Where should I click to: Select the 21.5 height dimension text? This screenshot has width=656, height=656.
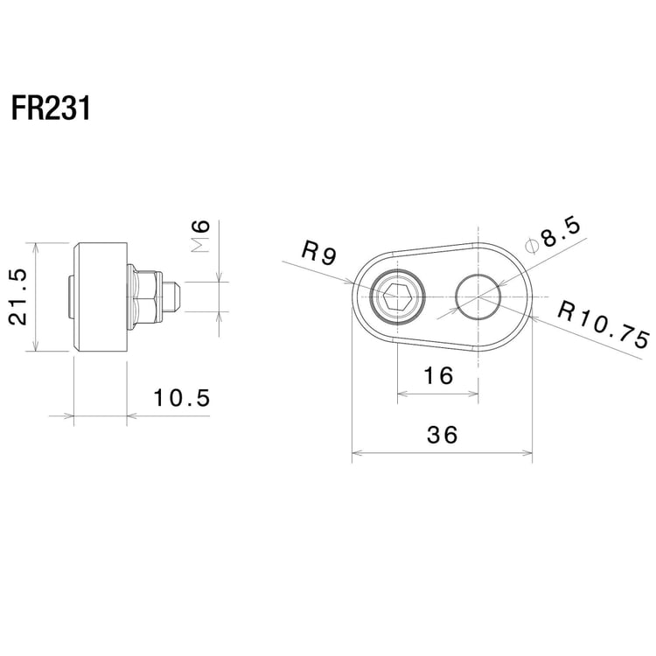pos(19,297)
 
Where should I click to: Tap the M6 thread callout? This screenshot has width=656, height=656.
pos(200,236)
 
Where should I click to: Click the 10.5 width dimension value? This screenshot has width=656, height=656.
pos(182,399)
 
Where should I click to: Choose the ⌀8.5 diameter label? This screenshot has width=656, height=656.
pos(554,234)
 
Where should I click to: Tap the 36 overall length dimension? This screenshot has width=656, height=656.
pos(443,435)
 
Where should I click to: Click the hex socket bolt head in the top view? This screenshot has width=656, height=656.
pos(399,298)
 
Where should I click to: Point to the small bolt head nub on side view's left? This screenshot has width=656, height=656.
pos(71,297)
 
